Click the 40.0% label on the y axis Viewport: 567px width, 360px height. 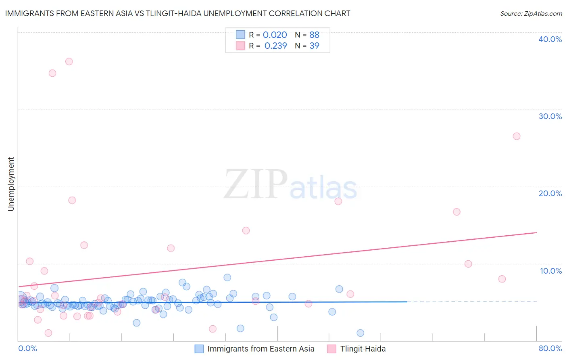coord(550,39)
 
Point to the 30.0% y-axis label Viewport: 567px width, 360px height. coord(550,116)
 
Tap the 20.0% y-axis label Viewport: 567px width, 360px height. coord(550,193)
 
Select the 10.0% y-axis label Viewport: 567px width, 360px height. coord(551,271)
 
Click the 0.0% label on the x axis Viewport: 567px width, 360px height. coord(28,348)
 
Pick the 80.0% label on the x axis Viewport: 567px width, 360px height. coord(550,348)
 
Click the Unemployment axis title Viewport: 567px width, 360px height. coord(11,184)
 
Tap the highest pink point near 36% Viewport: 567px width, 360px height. coord(69,62)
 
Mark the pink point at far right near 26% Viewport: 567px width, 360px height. coord(517,136)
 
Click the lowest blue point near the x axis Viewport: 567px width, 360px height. coord(361,333)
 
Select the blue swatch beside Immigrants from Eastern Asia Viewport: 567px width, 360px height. coord(199,349)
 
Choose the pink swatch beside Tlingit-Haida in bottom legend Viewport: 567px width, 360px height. coord(331,349)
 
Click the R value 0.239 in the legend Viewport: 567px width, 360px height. coord(275,46)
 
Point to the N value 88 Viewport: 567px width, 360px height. coord(314,35)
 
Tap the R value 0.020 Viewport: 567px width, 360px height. coord(275,35)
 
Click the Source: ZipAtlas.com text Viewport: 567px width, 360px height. coord(531,14)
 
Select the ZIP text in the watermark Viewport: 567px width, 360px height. coord(256,184)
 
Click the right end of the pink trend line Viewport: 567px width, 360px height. coord(536,232)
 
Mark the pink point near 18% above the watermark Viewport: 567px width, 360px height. coord(338,201)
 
